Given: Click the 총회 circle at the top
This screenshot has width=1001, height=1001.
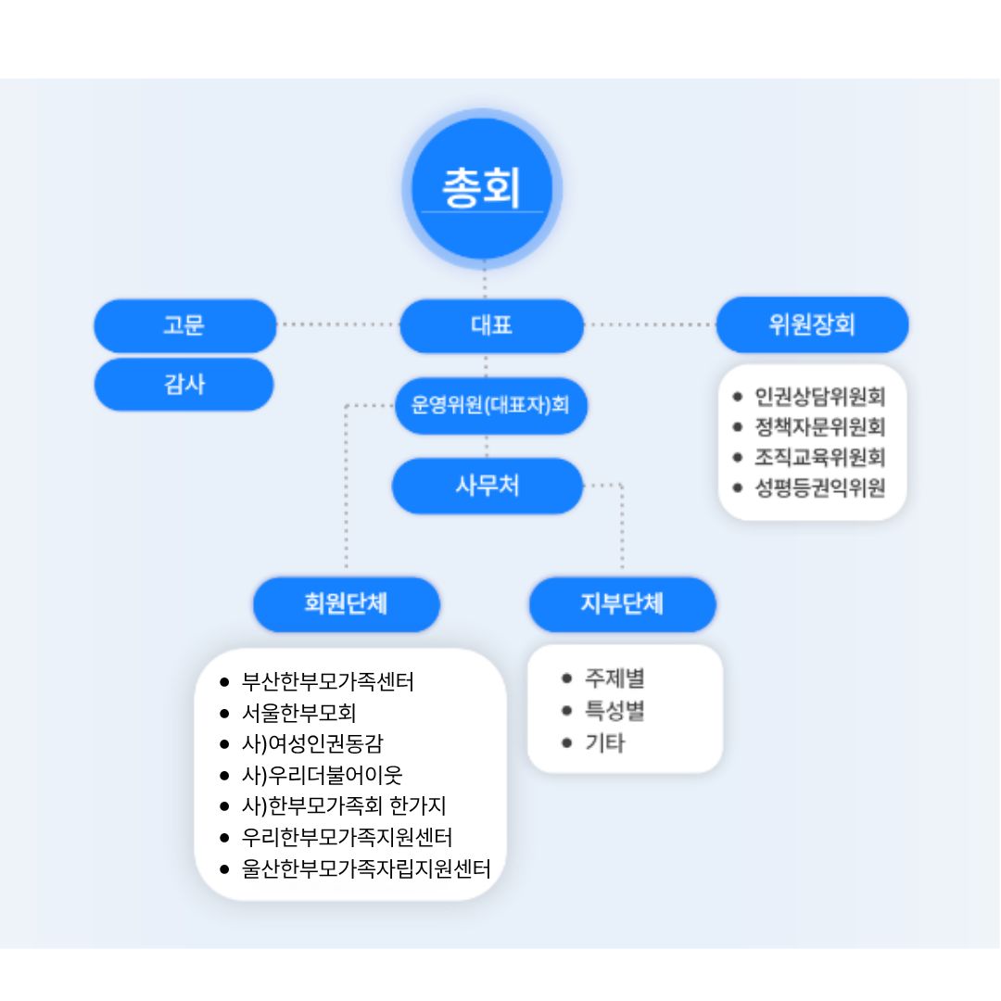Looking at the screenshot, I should [x=482, y=189].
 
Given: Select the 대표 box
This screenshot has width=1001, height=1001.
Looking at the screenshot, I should [x=491, y=325].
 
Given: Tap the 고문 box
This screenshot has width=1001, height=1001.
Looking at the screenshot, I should [x=184, y=325].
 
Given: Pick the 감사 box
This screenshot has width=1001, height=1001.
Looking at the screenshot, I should [x=184, y=384].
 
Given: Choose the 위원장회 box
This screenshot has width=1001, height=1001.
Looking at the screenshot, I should [x=812, y=325].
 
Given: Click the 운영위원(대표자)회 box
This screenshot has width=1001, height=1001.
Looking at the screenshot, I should [x=491, y=405].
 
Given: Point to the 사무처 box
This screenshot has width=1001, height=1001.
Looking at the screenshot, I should [x=488, y=486].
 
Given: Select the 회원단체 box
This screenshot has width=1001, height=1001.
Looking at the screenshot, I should [x=346, y=604].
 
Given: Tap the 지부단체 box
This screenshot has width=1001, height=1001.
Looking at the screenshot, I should [x=622, y=604].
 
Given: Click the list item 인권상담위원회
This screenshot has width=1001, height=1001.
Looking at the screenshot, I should [x=819, y=397].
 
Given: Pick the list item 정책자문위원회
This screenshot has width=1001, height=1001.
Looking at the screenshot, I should [x=819, y=426].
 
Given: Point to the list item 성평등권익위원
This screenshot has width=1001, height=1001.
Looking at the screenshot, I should [x=819, y=487].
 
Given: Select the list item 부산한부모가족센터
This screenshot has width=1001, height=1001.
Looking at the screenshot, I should [x=327, y=682].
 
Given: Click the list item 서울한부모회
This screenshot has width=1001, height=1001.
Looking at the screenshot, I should [x=298, y=713].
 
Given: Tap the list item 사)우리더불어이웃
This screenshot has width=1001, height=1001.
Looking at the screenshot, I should [x=322, y=774].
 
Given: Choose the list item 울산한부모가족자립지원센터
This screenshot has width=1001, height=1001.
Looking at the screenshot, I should [x=365, y=868].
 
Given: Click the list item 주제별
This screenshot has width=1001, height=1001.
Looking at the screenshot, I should [x=614, y=678].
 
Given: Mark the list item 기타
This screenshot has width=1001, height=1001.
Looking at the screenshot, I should [x=604, y=742].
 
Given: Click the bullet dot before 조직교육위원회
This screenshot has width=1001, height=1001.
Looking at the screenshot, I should [x=738, y=457].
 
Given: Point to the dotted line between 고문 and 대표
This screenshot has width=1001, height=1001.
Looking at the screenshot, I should [x=338, y=324].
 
